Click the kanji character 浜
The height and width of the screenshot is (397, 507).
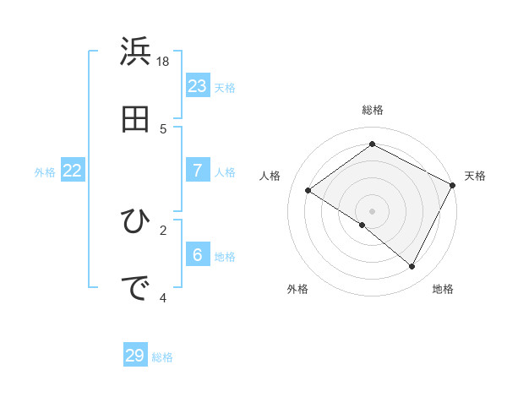(136, 52)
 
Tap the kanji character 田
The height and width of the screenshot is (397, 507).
(136, 120)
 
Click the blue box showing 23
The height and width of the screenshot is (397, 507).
(197, 85)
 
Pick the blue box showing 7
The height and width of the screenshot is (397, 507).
(197, 170)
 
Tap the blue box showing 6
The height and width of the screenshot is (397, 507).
(197, 254)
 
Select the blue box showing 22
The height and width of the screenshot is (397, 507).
(73, 171)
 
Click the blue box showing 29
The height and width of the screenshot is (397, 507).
(135, 356)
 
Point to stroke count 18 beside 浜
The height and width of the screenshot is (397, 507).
(164, 62)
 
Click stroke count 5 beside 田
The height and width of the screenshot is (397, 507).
(163, 129)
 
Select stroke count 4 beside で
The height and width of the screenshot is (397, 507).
(163, 297)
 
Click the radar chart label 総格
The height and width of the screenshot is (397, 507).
(372, 110)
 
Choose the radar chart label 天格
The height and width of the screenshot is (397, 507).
(475, 176)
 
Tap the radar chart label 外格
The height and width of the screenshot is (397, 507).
(297, 289)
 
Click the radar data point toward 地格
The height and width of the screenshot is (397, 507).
(412, 267)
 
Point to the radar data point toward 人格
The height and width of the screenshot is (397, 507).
(308, 191)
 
